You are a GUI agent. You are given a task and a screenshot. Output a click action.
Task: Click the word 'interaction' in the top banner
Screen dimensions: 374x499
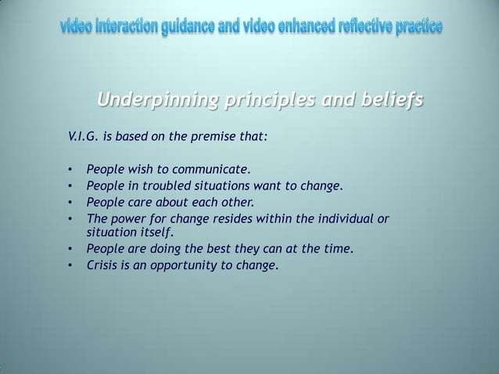point(127,30)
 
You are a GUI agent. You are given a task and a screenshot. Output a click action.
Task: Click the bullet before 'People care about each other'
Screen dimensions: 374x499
point(70,202)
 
